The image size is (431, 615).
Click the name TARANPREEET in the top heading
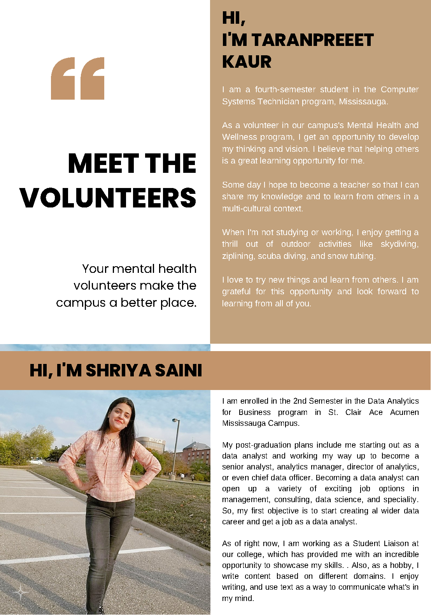[312, 40]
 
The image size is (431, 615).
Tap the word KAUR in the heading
[247, 62]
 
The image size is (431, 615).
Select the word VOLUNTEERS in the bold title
[108, 197]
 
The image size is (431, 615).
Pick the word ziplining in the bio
[237, 256]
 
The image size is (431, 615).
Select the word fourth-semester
[285, 90]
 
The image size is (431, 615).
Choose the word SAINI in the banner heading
[178, 370]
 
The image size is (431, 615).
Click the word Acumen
[404, 412]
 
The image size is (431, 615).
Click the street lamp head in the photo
[176, 420]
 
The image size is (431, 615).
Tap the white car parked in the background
[37, 462]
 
